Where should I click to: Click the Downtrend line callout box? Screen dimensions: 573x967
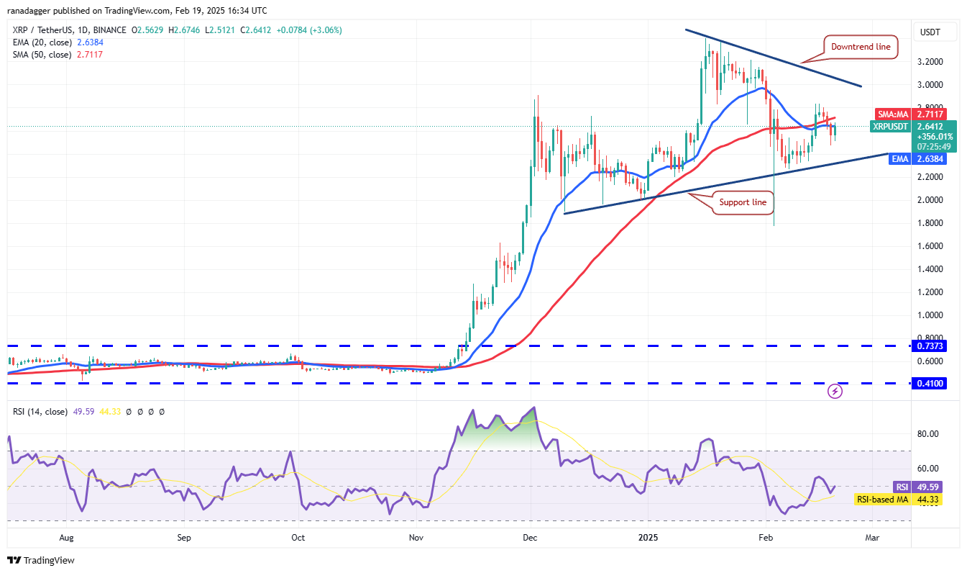click(x=861, y=47)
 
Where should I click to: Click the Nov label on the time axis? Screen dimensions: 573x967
click(x=416, y=537)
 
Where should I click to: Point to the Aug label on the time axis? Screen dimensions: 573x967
click(x=66, y=537)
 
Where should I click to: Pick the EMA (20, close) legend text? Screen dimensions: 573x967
click(x=41, y=42)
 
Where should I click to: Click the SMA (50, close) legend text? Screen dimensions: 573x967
click(x=41, y=55)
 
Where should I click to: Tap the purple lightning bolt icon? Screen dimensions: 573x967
click(x=835, y=392)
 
